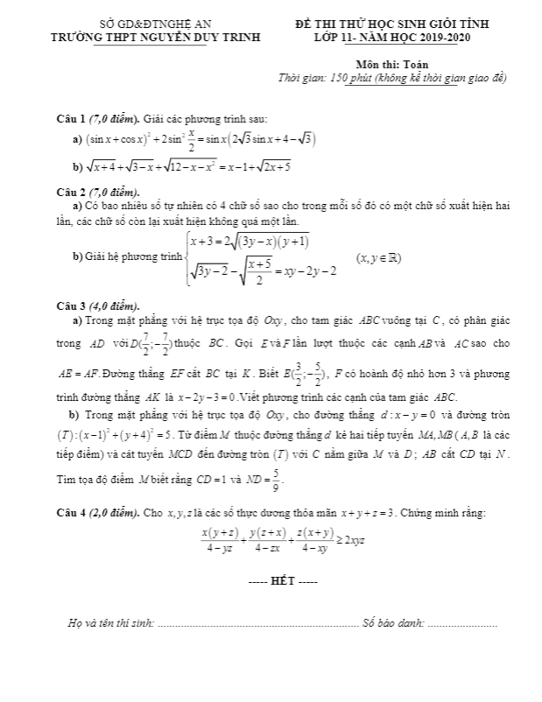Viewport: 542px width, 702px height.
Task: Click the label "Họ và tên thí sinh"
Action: coord(112,622)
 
